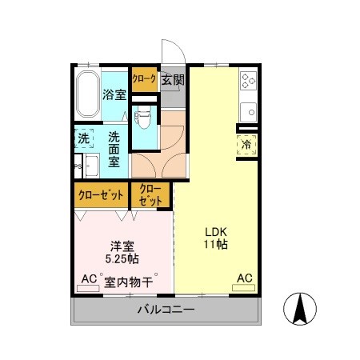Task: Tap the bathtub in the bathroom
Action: [86, 95]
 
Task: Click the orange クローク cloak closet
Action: [144, 79]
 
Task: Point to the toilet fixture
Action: [144, 118]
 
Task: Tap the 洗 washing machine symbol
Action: [84, 138]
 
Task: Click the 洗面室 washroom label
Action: [115, 148]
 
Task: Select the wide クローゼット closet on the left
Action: [101, 194]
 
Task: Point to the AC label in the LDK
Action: [244, 278]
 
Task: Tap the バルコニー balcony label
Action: [166, 309]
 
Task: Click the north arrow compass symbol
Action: [300, 310]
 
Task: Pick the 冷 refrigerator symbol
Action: [246, 145]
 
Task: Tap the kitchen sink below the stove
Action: [248, 109]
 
